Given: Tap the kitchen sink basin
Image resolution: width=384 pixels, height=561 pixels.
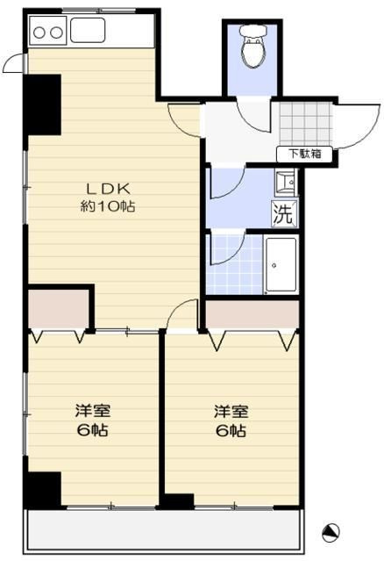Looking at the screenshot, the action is (88, 30).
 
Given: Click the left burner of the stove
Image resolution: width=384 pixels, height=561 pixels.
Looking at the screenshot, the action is (39, 32).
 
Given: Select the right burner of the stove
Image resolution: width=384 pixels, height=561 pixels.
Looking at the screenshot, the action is (56, 32).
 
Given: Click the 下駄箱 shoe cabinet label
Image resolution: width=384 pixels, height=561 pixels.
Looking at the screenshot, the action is (305, 154).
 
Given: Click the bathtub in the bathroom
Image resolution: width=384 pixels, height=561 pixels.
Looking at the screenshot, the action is (281, 265).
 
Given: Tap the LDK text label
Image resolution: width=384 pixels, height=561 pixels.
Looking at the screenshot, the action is (108, 189).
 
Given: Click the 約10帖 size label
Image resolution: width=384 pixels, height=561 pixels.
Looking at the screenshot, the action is (107, 206).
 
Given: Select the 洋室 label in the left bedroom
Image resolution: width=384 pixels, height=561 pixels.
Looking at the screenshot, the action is (93, 411).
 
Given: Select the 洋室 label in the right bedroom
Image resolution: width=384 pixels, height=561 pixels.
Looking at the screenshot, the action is (231, 412).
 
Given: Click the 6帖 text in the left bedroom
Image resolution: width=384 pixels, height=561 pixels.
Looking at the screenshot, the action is (93, 429).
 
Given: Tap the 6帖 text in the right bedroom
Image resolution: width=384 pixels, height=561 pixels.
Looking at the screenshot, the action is (231, 430).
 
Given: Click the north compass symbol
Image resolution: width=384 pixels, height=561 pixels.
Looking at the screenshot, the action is (331, 533).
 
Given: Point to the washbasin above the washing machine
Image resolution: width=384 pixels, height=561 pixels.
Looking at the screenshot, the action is (286, 183).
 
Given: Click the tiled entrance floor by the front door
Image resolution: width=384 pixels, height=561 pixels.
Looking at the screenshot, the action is (306, 124).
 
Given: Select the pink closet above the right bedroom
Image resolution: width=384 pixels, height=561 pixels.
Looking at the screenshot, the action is (252, 314).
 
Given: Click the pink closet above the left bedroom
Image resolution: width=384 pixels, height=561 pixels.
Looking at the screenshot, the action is (58, 308).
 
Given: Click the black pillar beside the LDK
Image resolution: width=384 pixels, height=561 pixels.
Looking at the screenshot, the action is (43, 104).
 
